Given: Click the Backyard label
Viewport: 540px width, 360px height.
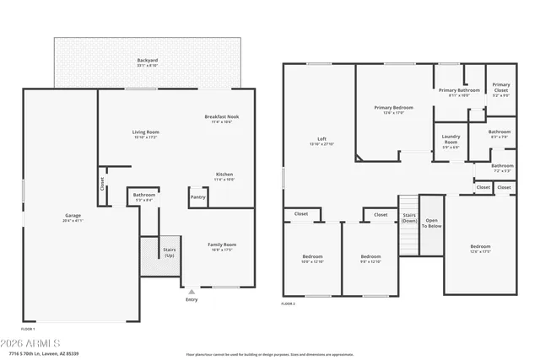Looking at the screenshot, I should pos(148,61).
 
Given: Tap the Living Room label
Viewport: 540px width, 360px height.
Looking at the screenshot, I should pos(145,132).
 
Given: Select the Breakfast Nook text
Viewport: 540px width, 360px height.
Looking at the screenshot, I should pos(221,117).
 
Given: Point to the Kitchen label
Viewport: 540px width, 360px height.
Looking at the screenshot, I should pos(224,175).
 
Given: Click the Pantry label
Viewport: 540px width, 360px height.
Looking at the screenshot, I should pos(198,197).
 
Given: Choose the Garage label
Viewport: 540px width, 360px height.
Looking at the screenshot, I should pos(73,216).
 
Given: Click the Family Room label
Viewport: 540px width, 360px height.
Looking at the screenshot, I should pos(222,245).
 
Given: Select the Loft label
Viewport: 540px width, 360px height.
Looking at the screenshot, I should pos(321,139).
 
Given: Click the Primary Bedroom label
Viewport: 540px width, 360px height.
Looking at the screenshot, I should pos(393,108).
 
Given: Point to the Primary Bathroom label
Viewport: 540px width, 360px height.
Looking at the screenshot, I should pos(459,91).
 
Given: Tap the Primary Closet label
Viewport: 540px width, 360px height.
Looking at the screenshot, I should pos(501,88).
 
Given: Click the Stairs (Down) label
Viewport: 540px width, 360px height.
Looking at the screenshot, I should pos(408,218).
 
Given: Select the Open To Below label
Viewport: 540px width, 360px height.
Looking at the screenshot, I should pos(431,223).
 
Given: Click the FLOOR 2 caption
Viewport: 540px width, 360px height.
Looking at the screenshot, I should pos(289,304).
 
